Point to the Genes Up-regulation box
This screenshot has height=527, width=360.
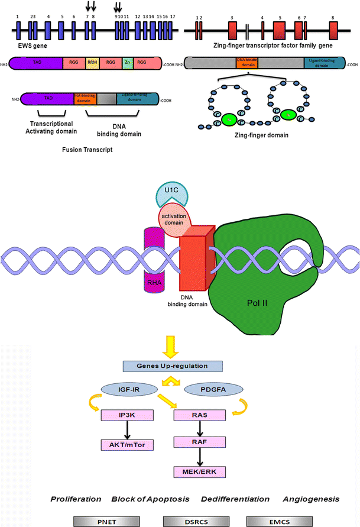180,367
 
